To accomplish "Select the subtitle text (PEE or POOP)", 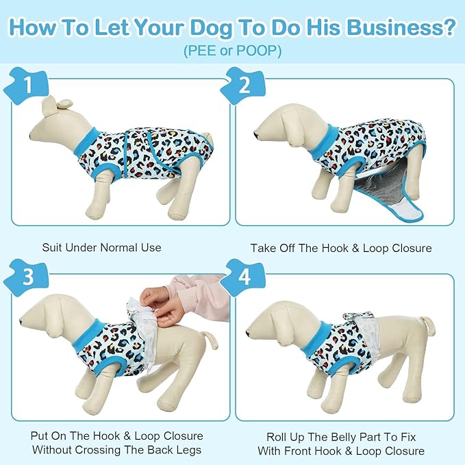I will [232, 51].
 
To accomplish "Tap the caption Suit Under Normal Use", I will [101, 247].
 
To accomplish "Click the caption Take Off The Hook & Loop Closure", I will [341, 247].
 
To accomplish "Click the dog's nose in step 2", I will [256, 134].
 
